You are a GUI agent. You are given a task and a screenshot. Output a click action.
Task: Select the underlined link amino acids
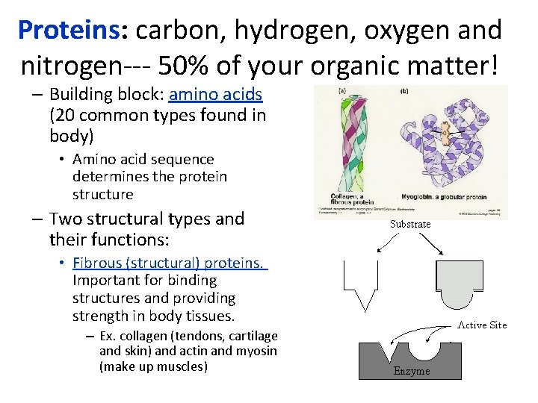[x=216, y=95]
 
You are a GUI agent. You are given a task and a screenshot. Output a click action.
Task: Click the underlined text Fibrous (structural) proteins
[x=170, y=263]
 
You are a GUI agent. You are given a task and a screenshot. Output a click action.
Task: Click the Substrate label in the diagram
[x=410, y=224]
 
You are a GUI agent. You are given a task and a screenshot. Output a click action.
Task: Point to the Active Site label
[x=482, y=325]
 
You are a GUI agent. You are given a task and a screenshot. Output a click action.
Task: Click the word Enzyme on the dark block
[x=412, y=371]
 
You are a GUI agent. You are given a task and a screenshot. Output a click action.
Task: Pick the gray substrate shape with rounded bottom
[x=459, y=279]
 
